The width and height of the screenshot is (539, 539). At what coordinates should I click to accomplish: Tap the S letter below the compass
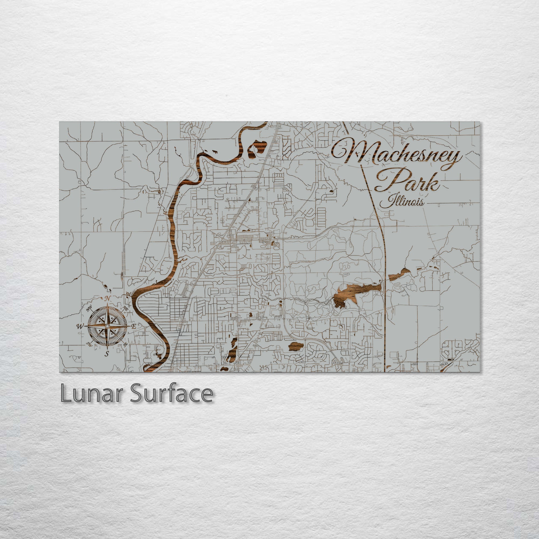tap(106, 354)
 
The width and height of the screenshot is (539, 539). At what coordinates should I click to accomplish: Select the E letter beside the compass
tap(134, 327)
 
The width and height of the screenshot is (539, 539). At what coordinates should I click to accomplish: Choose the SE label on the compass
tap(126, 345)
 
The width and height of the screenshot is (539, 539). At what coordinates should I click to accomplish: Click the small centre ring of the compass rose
tap(108, 326)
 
